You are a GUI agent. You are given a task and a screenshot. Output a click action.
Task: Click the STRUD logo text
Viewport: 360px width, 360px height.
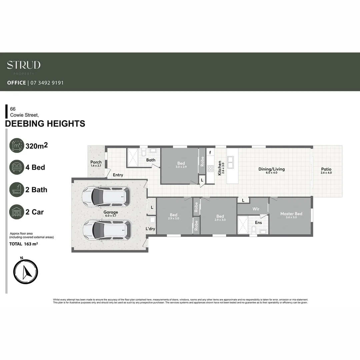(x=24, y=65)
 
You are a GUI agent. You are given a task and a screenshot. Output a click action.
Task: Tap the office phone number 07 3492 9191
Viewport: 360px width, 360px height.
(x=47, y=83)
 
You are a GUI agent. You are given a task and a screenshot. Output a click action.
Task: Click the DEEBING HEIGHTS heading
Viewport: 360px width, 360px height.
(x=45, y=124)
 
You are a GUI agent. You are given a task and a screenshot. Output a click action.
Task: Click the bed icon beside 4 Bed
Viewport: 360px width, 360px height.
(x=17, y=167)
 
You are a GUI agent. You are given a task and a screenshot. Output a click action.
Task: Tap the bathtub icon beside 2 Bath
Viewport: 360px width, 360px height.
(x=17, y=189)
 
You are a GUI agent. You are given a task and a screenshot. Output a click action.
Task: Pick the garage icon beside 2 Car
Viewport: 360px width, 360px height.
(x=17, y=212)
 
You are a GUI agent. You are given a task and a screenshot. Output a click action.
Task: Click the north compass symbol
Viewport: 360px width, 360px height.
(x=26, y=272)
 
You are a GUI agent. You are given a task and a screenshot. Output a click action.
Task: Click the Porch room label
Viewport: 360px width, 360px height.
(x=96, y=162)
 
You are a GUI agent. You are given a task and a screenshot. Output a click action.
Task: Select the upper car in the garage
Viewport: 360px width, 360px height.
(x=106, y=197)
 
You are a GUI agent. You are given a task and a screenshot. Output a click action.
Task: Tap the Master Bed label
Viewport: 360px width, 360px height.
(x=291, y=214)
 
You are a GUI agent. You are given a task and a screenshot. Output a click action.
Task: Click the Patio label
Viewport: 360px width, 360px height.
(x=326, y=169)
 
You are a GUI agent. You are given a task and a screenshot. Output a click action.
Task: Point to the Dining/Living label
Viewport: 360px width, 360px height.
(x=271, y=169)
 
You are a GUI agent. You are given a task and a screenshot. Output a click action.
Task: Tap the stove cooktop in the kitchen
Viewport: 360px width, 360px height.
(x=210, y=168)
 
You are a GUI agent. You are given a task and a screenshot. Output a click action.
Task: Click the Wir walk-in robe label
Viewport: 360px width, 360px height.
(x=256, y=209)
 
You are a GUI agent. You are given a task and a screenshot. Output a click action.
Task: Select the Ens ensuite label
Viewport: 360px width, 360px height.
(x=258, y=222)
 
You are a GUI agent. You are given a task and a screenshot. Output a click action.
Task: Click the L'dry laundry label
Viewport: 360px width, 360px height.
(x=150, y=229)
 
